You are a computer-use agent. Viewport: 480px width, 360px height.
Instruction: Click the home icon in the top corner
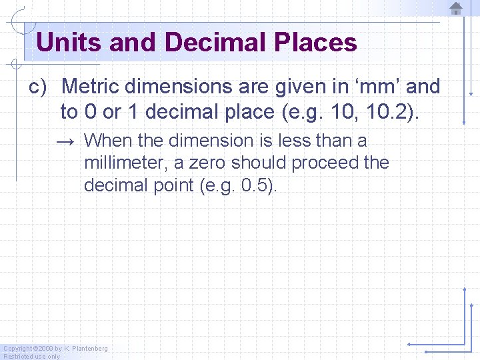point(456,8)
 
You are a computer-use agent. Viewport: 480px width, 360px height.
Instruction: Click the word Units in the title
point(69,43)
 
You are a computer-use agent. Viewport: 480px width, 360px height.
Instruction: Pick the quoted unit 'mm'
point(371,87)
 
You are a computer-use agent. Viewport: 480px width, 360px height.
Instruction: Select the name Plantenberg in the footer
point(90,349)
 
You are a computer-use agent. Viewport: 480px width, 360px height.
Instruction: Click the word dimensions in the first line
point(179,87)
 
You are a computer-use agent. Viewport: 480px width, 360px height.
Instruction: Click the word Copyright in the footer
point(17,349)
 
